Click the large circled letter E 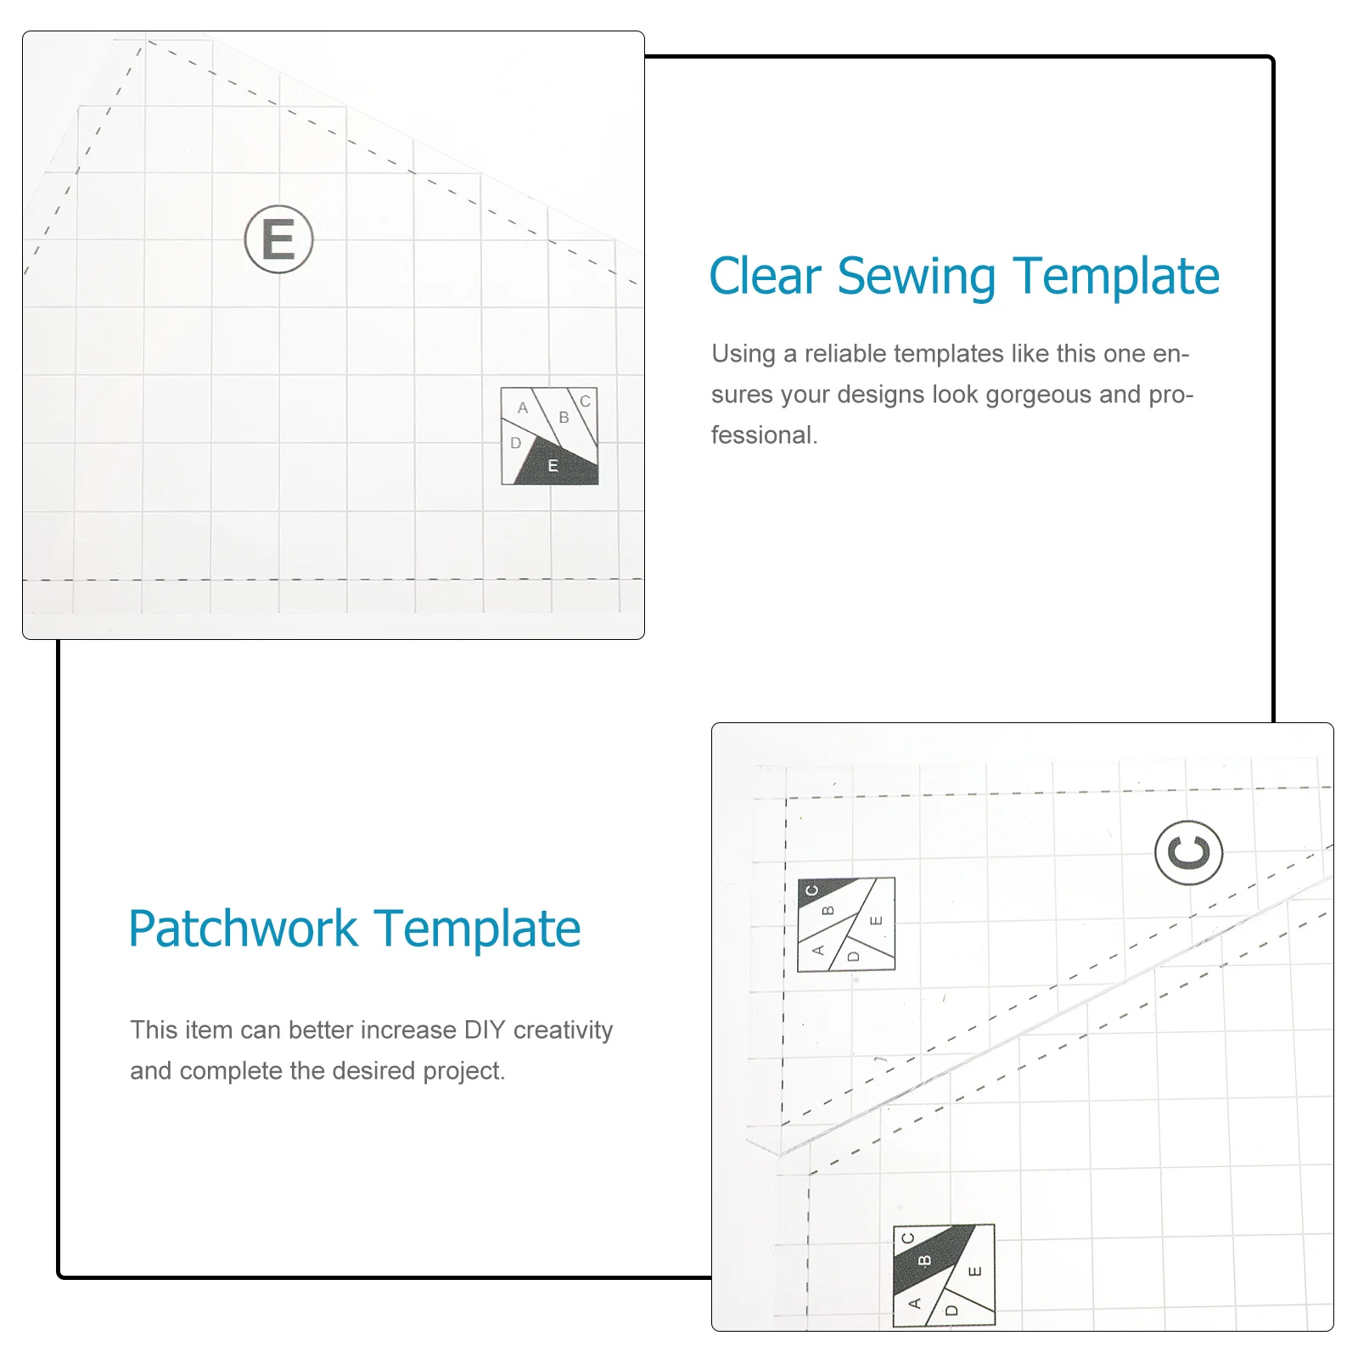278,239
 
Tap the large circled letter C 1188,852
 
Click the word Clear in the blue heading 765,277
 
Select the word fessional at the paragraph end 764,435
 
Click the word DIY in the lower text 485,1030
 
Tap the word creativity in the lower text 563,1030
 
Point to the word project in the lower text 463,1071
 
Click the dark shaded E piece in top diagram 556,466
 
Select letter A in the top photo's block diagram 523,408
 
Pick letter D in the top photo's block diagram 515,443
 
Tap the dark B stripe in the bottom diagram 925,1260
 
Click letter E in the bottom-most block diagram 974,1271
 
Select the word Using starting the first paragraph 744,354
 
